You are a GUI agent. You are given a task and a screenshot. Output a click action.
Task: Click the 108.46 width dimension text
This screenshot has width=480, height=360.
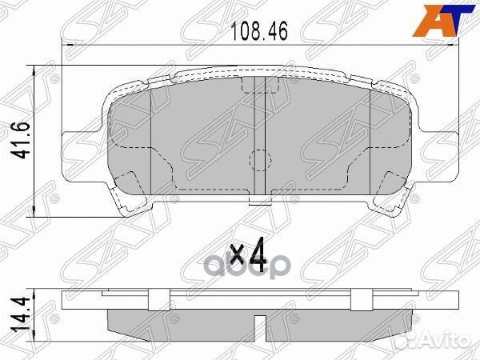point(258,33)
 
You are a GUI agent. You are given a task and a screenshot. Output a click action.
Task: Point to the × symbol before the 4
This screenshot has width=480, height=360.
point(237,257)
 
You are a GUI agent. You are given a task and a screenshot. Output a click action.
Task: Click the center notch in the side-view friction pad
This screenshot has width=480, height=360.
point(258,322)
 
